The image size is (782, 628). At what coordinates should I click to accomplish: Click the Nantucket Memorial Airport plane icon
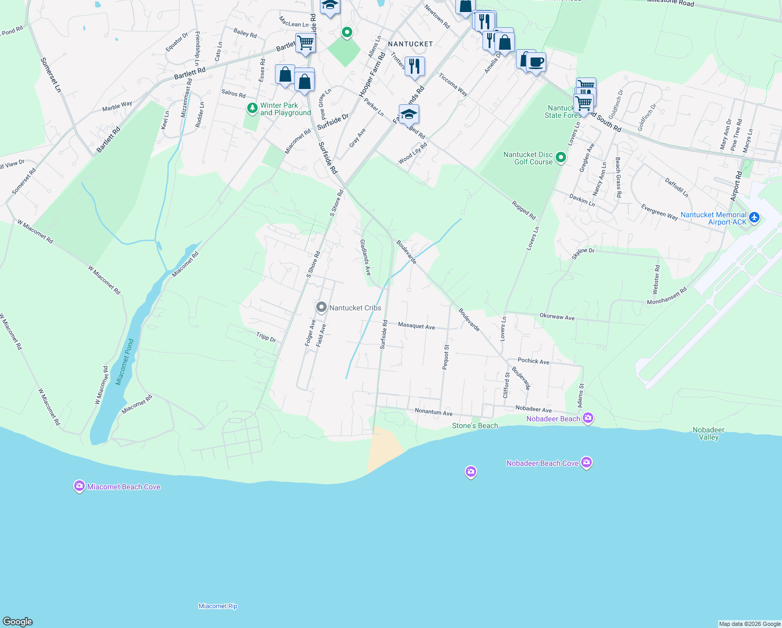pyautogui.click(x=754, y=217)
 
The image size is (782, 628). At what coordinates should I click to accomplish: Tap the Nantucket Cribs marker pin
pyautogui.click(x=321, y=308)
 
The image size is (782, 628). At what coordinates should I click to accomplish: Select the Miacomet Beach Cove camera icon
pyautogui.click(x=79, y=487)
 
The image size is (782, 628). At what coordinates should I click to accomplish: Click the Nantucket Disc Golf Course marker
pyautogui.click(x=561, y=157)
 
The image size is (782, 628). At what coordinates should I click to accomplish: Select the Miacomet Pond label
pyautogui.click(x=125, y=362)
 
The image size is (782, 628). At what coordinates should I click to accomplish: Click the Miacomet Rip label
pyautogui.click(x=218, y=606)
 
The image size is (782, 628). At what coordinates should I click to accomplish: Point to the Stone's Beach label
pyautogui.click(x=475, y=425)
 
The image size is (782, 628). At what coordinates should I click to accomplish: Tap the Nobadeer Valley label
pyautogui.click(x=708, y=433)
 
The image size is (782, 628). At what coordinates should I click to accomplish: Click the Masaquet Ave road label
pyautogui.click(x=416, y=326)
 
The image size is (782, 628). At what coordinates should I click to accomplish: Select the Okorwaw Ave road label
pyautogui.click(x=557, y=317)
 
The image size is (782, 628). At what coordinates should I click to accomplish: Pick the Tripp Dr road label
pyautogui.click(x=266, y=337)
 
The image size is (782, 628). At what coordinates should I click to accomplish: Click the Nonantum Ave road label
pyautogui.click(x=433, y=412)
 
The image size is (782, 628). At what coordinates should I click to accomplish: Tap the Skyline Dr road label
pyautogui.click(x=583, y=253)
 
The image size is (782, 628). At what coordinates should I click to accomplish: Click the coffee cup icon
pyautogui.click(x=536, y=62)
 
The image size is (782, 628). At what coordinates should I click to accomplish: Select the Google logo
pyautogui.click(x=18, y=621)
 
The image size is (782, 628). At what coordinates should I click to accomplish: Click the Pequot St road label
pyautogui.click(x=446, y=357)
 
